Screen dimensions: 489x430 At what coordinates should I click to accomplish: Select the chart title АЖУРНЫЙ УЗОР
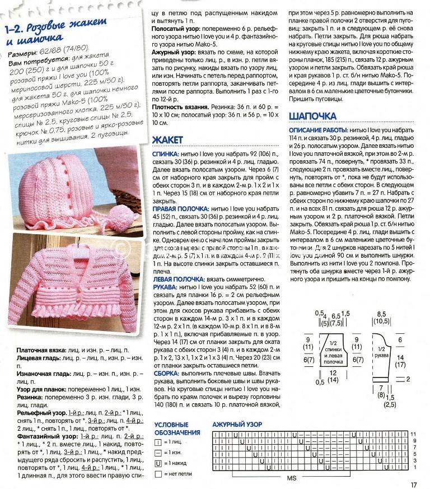tap(237, 425)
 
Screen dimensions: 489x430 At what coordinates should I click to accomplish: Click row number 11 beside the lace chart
tap(413, 434)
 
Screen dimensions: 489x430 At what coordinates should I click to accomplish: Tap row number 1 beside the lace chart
tap(413, 467)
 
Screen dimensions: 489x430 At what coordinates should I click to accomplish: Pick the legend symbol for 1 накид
tap(158, 463)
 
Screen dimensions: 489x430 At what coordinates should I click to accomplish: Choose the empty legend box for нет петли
tap(158, 474)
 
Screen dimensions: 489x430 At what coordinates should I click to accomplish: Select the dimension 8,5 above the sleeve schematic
tap(382, 314)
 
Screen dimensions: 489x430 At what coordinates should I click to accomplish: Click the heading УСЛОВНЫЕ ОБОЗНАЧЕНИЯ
tap(177, 429)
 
